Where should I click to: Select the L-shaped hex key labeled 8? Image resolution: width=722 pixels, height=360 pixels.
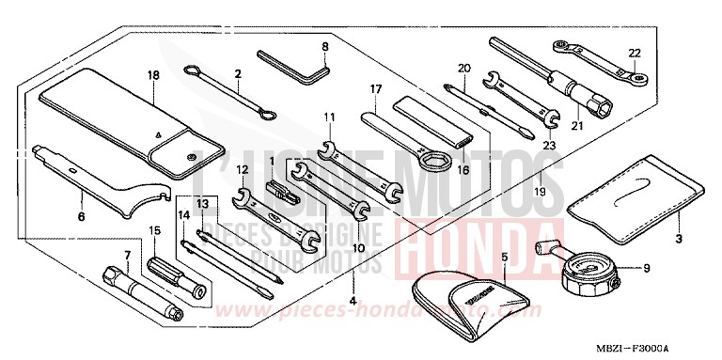294,63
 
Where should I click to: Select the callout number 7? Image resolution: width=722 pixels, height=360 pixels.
126,255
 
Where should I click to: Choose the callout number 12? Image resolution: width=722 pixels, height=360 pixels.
243,169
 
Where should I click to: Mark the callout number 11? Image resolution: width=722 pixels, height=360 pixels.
330,117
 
